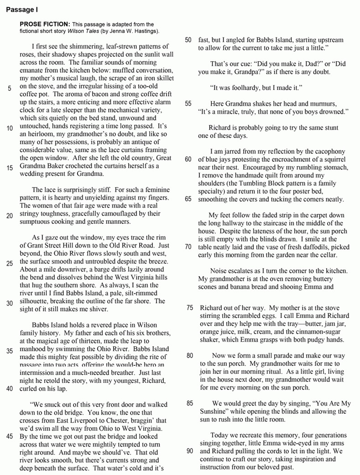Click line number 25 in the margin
pos(9,262)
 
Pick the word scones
pos(210,287)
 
